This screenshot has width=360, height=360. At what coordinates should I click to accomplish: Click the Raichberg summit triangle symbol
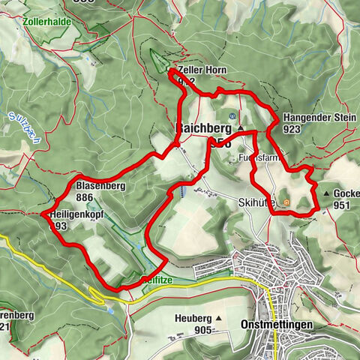pyautogui.click(x=240, y=129)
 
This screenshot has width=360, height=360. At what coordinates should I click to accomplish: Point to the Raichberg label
pyautogui.click(x=202, y=128)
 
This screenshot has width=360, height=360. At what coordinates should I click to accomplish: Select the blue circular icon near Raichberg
pyautogui.click(x=232, y=115)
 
